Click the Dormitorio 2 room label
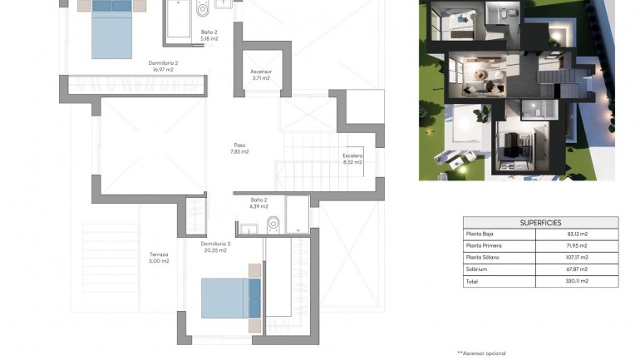coord(163,62)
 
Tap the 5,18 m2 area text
coord(209,38)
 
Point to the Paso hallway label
coord(239,145)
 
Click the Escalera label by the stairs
coord(352,155)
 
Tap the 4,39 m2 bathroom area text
coord(258,206)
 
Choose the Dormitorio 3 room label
coord(214,243)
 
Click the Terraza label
coord(159,254)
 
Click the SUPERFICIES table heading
coord(540,223)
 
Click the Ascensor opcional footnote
coord(481,353)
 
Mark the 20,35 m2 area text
coord(214,249)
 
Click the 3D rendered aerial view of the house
coord(516,90)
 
